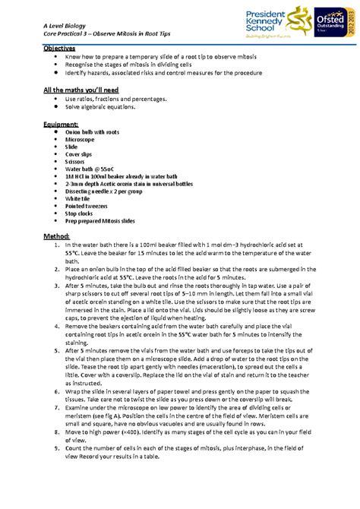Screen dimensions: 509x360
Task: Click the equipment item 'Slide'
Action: pyautogui.click(x=72, y=147)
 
